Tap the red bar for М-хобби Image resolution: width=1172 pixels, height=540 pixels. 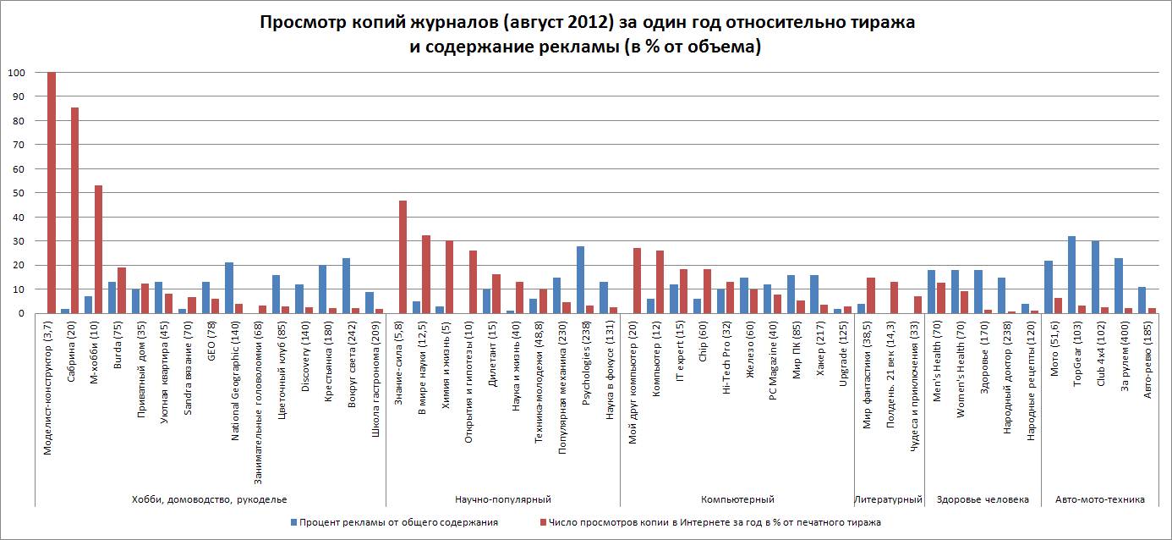point(98,249)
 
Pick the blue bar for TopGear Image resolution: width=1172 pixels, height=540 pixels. point(1071,274)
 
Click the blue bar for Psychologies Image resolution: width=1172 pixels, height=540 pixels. point(580,279)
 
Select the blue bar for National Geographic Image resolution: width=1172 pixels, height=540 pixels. point(229,288)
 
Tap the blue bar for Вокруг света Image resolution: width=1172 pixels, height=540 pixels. point(346,285)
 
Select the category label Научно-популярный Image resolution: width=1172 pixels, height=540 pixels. point(503,499)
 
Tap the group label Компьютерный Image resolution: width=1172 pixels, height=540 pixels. point(737,499)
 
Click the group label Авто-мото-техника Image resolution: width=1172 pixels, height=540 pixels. point(1100,499)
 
